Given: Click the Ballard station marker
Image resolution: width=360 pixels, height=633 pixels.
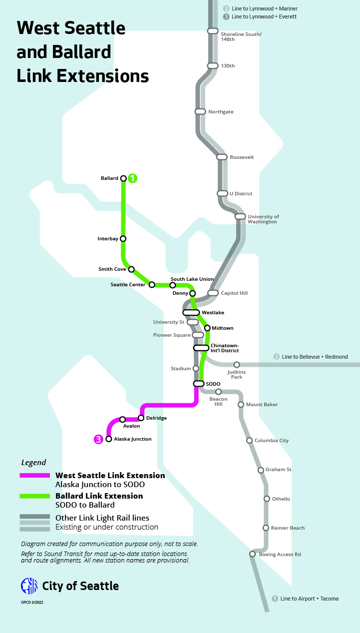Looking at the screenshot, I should (123, 178).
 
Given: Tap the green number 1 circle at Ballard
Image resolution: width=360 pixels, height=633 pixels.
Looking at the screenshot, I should (133, 178).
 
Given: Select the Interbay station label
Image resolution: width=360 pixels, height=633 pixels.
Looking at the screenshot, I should (108, 239).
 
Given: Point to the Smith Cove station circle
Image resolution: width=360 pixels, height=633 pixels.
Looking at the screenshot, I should (131, 269).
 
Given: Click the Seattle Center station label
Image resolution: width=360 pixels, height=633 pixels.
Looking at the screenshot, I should (128, 285).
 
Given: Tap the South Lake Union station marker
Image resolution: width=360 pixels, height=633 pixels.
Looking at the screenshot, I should (173, 285).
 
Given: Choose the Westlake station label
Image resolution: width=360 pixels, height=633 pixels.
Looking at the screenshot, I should (213, 313).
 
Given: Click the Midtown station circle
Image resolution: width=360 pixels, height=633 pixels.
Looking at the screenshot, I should (207, 328).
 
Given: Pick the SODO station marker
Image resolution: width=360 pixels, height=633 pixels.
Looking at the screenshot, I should (198, 384).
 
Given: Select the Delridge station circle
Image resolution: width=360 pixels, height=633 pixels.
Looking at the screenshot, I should (141, 418).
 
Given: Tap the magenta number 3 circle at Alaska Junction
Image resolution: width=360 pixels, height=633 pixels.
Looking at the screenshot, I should (99, 440).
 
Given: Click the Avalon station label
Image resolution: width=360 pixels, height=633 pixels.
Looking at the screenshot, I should (131, 426).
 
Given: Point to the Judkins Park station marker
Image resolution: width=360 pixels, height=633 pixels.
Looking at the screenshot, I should (237, 365).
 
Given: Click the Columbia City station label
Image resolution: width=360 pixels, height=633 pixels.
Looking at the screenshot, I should (271, 441).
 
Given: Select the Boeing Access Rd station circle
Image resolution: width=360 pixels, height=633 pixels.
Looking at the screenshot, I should (253, 554).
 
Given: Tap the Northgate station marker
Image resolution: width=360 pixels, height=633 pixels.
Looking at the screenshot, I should (200, 111).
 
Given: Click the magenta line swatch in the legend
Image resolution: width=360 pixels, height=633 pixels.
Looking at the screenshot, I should (34, 476).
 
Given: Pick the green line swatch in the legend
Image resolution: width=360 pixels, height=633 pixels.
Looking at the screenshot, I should (34, 496).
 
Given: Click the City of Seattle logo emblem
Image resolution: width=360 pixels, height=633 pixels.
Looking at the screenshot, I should (29, 586).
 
